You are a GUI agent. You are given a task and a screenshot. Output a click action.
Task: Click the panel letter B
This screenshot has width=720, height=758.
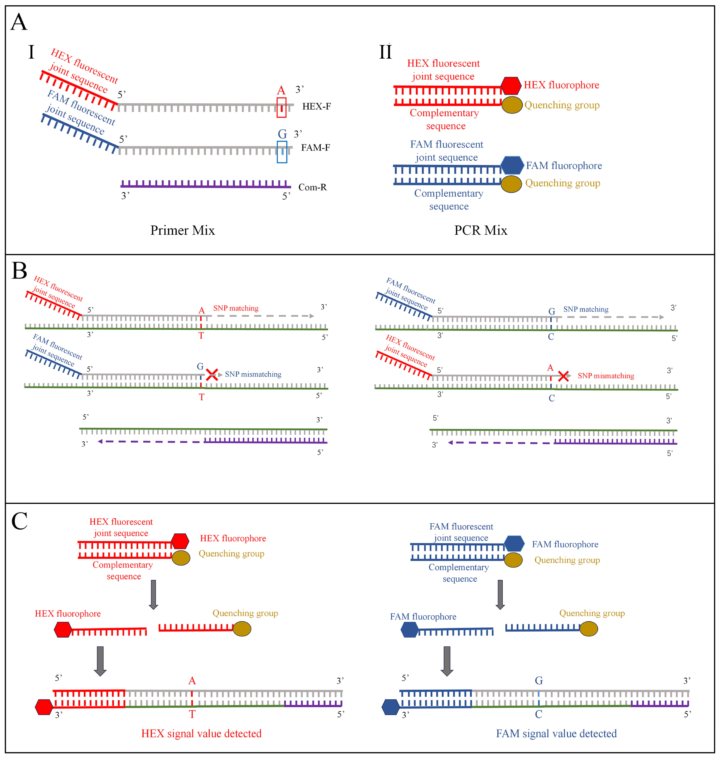click(19, 271)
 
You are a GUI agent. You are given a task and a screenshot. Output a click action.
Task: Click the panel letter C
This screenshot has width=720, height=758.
click(19, 521)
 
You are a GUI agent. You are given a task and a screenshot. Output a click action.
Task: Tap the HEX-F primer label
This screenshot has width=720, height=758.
click(316, 106)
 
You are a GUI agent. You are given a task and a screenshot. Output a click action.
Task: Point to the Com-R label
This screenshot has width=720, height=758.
click(312, 187)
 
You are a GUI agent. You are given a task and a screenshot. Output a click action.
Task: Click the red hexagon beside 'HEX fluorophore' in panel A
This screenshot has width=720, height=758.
click(511, 86)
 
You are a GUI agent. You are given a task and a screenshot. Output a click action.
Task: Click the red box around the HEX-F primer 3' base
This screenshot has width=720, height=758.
click(281, 107)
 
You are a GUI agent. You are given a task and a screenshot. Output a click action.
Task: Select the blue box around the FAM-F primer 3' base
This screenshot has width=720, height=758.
click(282, 152)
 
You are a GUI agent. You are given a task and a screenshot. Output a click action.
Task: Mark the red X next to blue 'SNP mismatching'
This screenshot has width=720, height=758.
click(212, 375)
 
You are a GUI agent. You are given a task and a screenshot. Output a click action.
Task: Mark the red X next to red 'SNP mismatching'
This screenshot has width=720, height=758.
click(563, 376)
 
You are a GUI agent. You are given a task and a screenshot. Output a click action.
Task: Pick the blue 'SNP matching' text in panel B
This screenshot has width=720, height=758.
click(586, 309)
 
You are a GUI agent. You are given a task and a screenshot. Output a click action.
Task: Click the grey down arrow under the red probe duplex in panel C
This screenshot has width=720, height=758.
click(153, 594)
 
